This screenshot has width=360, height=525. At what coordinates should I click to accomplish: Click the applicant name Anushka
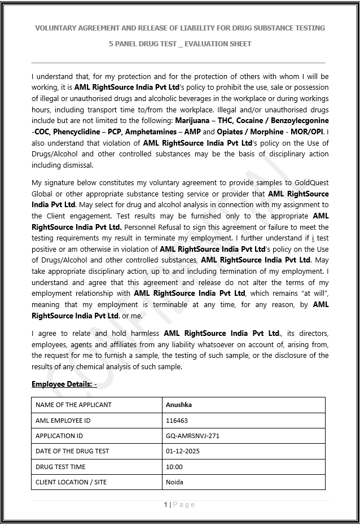(x=175, y=405)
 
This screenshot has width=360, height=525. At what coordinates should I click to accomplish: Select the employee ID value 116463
(x=177, y=421)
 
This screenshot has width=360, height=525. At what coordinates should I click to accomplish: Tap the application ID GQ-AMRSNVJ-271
(x=192, y=436)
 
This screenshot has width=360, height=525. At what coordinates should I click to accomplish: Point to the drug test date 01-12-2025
(x=183, y=451)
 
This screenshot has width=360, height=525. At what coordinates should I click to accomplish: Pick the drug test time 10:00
(x=174, y=467)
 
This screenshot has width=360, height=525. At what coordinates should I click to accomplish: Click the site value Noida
(x=174, y=482)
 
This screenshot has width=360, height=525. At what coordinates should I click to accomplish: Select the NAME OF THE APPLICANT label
(x=73, y=405)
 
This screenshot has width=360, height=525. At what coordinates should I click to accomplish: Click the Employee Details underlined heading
(x=64, y=384)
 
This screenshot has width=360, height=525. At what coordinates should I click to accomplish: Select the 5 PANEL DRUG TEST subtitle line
(x=180, y=43)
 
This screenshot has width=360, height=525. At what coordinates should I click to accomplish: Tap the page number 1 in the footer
(x=165, y=505)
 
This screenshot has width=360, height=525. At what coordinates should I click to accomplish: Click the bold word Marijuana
(x=192, y=121)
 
